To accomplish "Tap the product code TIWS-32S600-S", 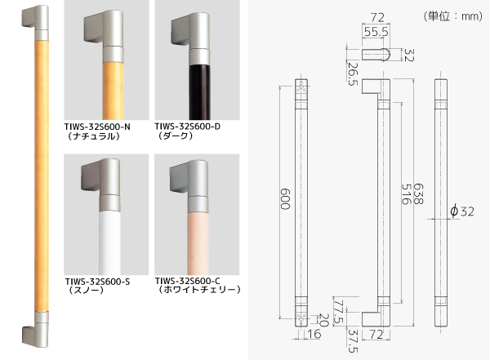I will [100, 280].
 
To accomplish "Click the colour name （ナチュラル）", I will [92, 137].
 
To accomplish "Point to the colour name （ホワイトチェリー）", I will [197, 290].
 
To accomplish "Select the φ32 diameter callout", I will [461, 211].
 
